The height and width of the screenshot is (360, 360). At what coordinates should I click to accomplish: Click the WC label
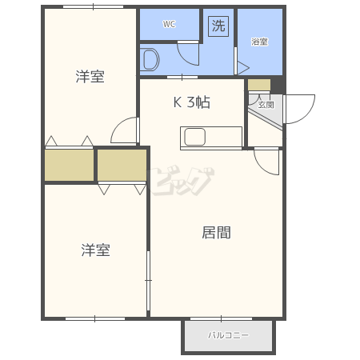(x=169, y=24)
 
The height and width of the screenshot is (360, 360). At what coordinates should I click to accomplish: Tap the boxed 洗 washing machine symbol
(x=218, y=26)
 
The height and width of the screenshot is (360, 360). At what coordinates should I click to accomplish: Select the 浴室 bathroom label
(x=259, y=42)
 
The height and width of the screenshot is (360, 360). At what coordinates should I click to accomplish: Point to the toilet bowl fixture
(x=150, y=59)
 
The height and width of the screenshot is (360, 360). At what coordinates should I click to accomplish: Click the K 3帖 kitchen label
(x=192, y=102)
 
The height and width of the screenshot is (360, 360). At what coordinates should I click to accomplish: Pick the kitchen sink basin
(x=194, y=137)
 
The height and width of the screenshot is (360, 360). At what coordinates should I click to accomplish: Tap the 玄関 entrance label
(x=266, y=105)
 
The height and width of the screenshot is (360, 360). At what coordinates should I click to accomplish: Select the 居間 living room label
(x=216, y=232)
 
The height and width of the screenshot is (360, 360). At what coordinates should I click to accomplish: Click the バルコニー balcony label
(x=228, y=335)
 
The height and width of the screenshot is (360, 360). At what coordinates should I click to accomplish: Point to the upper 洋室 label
(x=90, y=77)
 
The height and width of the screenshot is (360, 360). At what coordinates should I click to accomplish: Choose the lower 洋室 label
(x=95, y=250)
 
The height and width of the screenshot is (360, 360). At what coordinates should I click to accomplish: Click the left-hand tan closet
(x=69, y=166)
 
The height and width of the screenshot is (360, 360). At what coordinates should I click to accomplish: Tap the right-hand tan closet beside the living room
(x=122, y=165)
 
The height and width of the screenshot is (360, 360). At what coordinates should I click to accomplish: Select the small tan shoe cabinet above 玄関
(x=259, y=85)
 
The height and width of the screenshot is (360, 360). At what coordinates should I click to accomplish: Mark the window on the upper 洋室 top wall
(x=93, y=6)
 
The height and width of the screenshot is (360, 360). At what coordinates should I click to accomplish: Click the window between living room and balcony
(x=221, y=318)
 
